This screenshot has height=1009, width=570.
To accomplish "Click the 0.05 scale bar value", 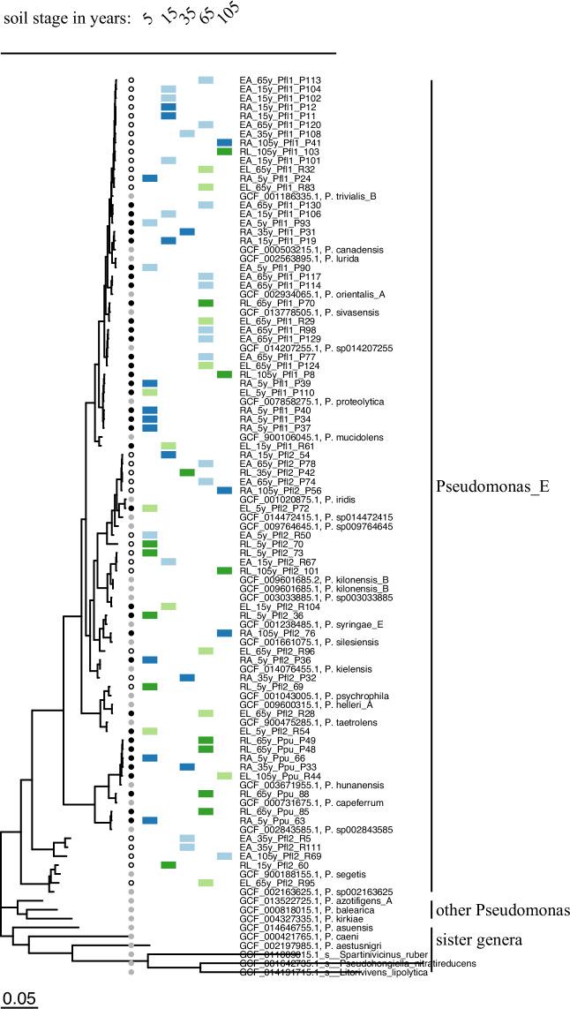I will [17, 998].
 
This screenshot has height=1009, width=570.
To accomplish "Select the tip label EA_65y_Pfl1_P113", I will [280, 80].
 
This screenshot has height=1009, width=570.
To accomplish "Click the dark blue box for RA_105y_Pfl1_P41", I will [224, 143].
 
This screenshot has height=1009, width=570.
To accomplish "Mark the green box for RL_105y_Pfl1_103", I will [224, 152].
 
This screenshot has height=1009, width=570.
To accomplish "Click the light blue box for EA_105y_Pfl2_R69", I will [224, 856].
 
